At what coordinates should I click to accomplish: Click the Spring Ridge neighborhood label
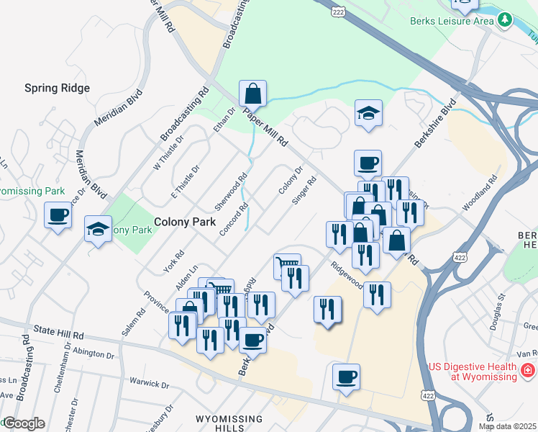[57, 88]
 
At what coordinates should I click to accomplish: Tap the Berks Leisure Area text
[452, 20]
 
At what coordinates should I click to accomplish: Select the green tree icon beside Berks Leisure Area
[506, 19]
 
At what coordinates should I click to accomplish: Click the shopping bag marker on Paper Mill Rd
[252, 93]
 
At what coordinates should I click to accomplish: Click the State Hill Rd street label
[58, 333]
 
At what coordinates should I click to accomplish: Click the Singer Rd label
[304, 191]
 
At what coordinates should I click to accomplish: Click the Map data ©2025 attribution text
[506, 426]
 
